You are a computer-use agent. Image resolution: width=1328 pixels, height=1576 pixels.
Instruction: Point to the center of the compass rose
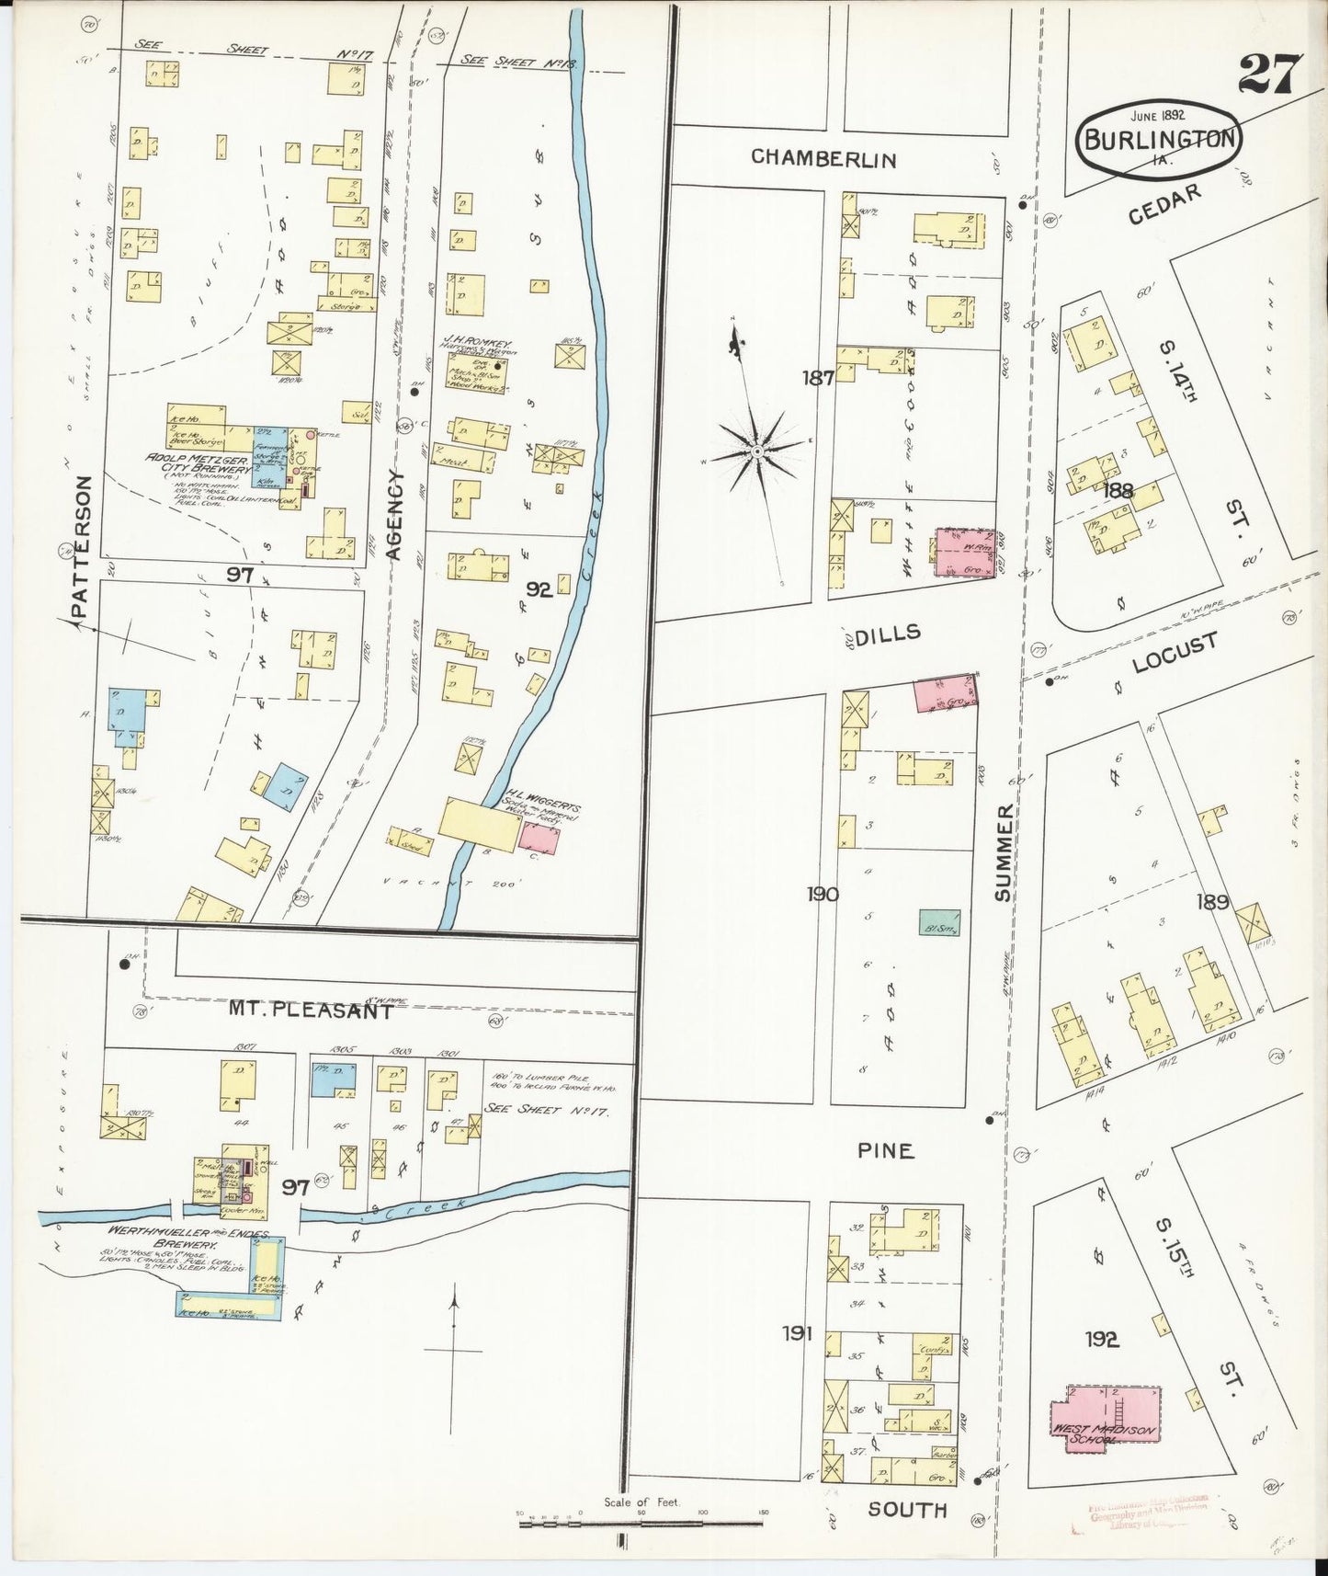pos(755,451)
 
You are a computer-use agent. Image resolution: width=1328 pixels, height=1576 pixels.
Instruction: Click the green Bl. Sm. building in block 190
pos(940,923)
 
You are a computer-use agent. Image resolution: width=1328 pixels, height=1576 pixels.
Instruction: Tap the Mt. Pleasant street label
pos(311,1011)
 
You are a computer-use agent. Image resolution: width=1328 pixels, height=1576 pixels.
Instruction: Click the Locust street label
pos(1174,653)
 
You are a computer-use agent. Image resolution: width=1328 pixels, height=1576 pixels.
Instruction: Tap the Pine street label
pos(885,1149)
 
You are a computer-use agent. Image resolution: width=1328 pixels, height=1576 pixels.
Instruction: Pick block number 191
pos(797,1333)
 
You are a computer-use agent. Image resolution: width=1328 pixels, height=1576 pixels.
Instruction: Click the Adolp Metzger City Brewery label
pos(198,463)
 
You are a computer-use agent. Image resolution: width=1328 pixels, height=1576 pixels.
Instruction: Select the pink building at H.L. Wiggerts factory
pos(539,837)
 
